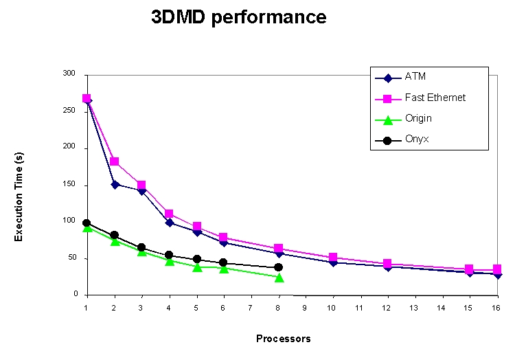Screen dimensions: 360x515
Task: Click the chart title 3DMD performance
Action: (x=238, y=18)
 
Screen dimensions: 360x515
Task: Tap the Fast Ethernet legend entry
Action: (x=435, y=98)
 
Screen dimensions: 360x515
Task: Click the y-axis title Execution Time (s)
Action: (x=19, y=196)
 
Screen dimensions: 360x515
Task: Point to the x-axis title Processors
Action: (x=284, y=339)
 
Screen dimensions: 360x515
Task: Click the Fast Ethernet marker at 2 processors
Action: (x=115, y=161)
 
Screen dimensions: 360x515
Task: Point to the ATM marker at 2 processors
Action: (x=115, y=184)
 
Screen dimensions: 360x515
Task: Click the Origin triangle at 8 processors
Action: (x=279, y=278)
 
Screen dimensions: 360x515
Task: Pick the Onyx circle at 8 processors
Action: (x=279, y=267)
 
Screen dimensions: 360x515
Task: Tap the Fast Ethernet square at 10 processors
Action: (x=333, y=258)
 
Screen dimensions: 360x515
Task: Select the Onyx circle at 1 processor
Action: (x=87, y=223)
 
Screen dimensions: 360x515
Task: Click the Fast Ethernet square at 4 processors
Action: (x=169, y=214)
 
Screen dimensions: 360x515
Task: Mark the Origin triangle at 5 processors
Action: (x=196, y=267)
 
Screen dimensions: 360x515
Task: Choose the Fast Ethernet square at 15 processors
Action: (x=470, y=269)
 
